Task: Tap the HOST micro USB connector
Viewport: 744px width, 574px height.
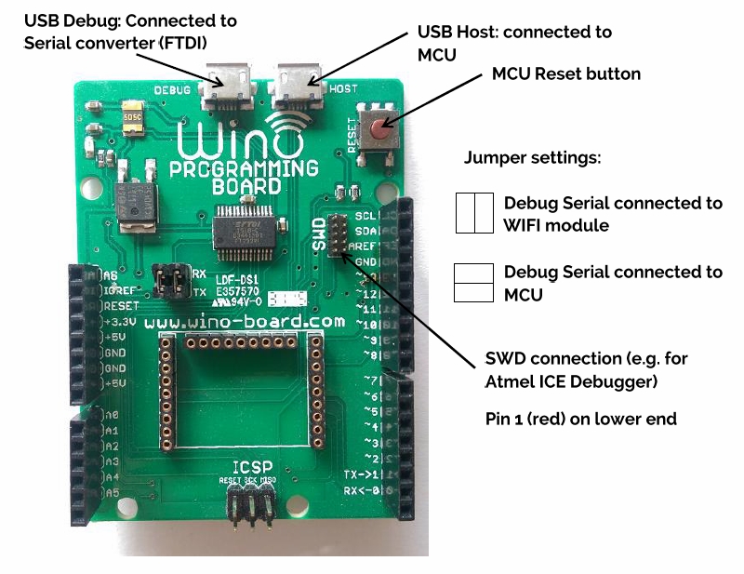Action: pyautogui.click(x=296, y=76)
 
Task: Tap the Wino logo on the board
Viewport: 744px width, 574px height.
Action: pyautogui.click(x=246, y=143)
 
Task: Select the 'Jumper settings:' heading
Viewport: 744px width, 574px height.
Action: pyautogui.click(x=532, y=157)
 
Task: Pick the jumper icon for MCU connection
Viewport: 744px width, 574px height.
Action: pyautogui.click(x=472, y=283)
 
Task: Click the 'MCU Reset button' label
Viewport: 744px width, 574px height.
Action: pyautogui.click(x=565, y=73)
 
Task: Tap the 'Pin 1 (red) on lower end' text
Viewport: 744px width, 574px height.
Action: pyautogui.click(x=581, y=419)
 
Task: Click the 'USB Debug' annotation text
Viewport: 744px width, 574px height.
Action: pyautogui.click(x=129, y=31)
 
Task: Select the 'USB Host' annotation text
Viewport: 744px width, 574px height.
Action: pyautogui.click(x=512, y=43)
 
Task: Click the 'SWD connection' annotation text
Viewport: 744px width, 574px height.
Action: pyautogui.click(x=587, y=369)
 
